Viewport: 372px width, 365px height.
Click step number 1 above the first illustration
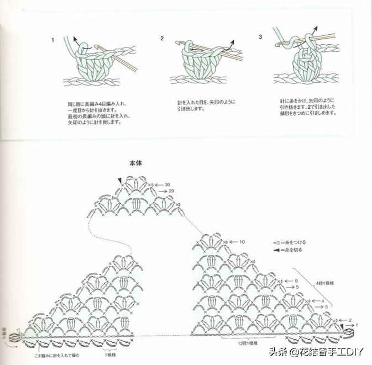coord(53,40)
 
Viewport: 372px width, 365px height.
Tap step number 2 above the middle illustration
coord(163,39)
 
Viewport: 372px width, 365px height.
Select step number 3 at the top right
coord(260,36)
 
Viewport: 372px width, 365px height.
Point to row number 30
coord(167,184)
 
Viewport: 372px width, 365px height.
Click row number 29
coord(171,191)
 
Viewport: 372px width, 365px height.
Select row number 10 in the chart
coord(242,242)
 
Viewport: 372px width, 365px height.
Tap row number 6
coord(296,281)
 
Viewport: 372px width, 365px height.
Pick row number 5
coord(297,287)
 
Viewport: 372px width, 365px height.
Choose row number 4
coord(322,300)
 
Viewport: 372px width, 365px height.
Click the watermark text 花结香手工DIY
coord(331,352)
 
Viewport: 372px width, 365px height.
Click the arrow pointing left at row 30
coord(158,184)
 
